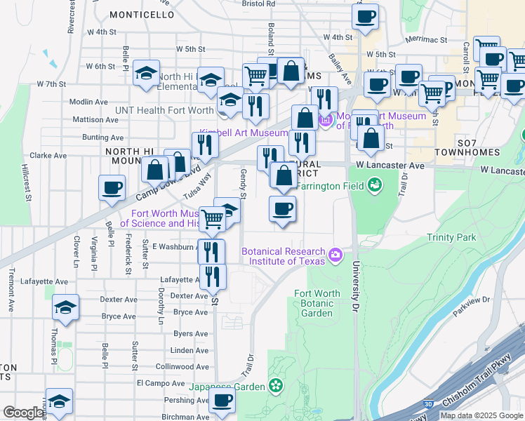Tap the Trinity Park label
(x=451, y=238)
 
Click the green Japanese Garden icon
(x=276, y=386)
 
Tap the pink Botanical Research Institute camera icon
(x=335, y=253)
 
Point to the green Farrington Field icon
(x=375, y=185)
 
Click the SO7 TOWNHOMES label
(x=467, y=146)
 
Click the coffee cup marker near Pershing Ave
(x=222, y=401)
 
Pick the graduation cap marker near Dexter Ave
(x=66, y=307)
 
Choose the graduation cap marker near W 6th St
(x=146, y=74)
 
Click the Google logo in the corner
(x=23, y=413)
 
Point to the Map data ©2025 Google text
(x=481, y=415)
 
